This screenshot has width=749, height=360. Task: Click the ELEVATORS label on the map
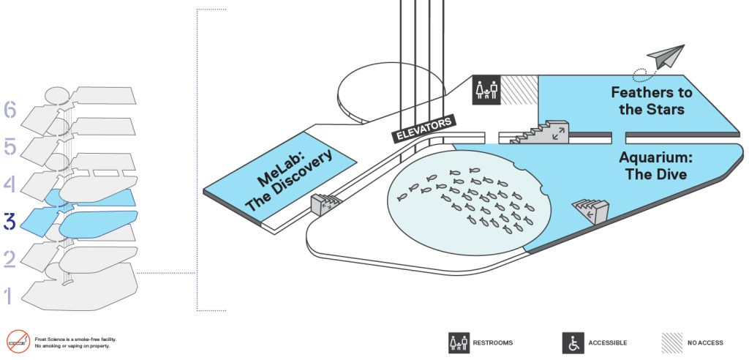point(424,129)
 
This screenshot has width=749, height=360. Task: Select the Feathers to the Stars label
point(651,100)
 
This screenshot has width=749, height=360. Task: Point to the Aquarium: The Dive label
point(655,165)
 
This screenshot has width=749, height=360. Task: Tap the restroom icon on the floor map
point(486,89)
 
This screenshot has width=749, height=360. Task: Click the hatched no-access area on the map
point(519,89)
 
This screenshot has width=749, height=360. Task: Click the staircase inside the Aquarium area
point(591,209)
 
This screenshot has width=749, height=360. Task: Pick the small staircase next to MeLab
point(325,203)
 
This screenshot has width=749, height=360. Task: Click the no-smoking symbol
point(18,342)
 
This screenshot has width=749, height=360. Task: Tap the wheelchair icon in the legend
point(573,342)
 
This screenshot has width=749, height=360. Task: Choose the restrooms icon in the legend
point(459,342)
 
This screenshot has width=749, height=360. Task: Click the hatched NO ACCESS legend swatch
point(672,342)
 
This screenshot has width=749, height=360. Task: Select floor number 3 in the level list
point(10,222)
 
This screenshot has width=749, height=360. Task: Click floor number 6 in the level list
point(10,110)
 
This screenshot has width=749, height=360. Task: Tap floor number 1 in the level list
point(8,296)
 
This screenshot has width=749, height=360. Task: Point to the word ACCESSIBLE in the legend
point(608,342)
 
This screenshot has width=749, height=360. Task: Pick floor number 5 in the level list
point(10,147)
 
